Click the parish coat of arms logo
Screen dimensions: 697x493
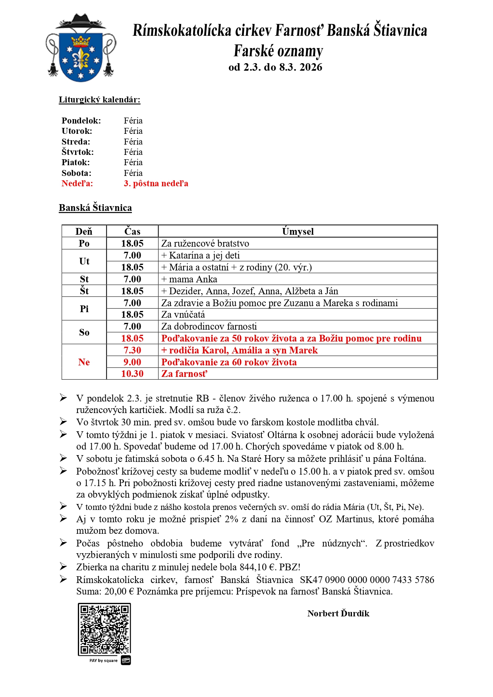[x=81, y=48]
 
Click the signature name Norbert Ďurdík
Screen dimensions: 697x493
[x=338, y=614]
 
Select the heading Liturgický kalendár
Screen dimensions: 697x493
[x=99, y=100]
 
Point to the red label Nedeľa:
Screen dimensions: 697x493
[x=77, y=183]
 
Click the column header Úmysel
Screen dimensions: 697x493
[x=298, y=232]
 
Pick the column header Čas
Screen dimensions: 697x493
[x=132, y=232]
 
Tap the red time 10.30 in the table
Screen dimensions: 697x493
[x=132, y=374]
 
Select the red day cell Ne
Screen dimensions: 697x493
[x=84, y=362]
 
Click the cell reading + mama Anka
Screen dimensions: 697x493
[x=189, y=279]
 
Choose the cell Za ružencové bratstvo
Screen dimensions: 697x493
[x=205, y=243]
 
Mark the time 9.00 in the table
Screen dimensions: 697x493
[x=132, y=362]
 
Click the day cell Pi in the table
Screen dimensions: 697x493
[x=84, y=309]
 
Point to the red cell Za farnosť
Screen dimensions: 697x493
[x=184, y=374]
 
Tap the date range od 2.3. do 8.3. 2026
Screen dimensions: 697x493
[x=275, y=67]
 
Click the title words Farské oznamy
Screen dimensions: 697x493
[x=278, y=51]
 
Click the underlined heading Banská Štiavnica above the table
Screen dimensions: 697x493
[x=95, y=208]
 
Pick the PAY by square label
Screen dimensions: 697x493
[x=104, y=660]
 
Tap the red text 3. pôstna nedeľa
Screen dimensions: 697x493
[x=156, y=183]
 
